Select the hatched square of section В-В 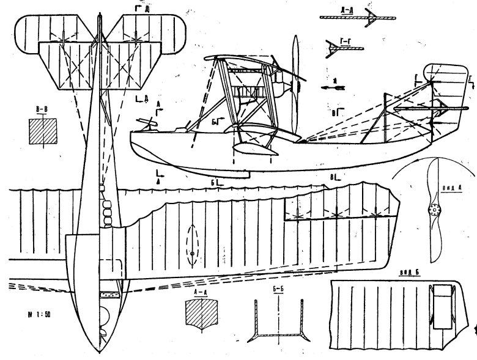43,131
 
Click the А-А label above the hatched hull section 200,293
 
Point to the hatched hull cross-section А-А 200,314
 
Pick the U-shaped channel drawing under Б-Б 278,324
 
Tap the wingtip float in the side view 252,147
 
